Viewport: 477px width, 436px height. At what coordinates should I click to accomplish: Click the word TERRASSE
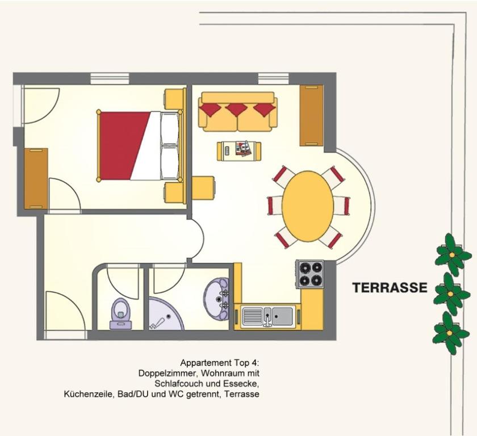point(390,287)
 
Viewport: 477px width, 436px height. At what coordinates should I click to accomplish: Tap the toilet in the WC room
point(121,314)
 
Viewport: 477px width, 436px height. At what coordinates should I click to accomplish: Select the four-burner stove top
point(310,274)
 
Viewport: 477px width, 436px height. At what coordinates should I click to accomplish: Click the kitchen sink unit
point(267,316)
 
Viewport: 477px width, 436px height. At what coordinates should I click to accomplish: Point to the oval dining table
point(308,206)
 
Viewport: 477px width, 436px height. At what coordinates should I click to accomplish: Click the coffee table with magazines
point(239,151)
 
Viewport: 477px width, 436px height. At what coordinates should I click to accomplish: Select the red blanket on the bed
point(125,146)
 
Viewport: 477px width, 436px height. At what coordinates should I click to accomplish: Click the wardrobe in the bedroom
point(36,179)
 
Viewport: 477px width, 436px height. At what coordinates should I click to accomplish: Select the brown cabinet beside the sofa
point(312,116)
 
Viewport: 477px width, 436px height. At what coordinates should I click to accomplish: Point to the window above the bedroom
point(110,78)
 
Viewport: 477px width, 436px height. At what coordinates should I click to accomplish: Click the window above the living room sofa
point(273,78)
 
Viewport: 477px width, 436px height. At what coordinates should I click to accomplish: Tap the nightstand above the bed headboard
point(175,99)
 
